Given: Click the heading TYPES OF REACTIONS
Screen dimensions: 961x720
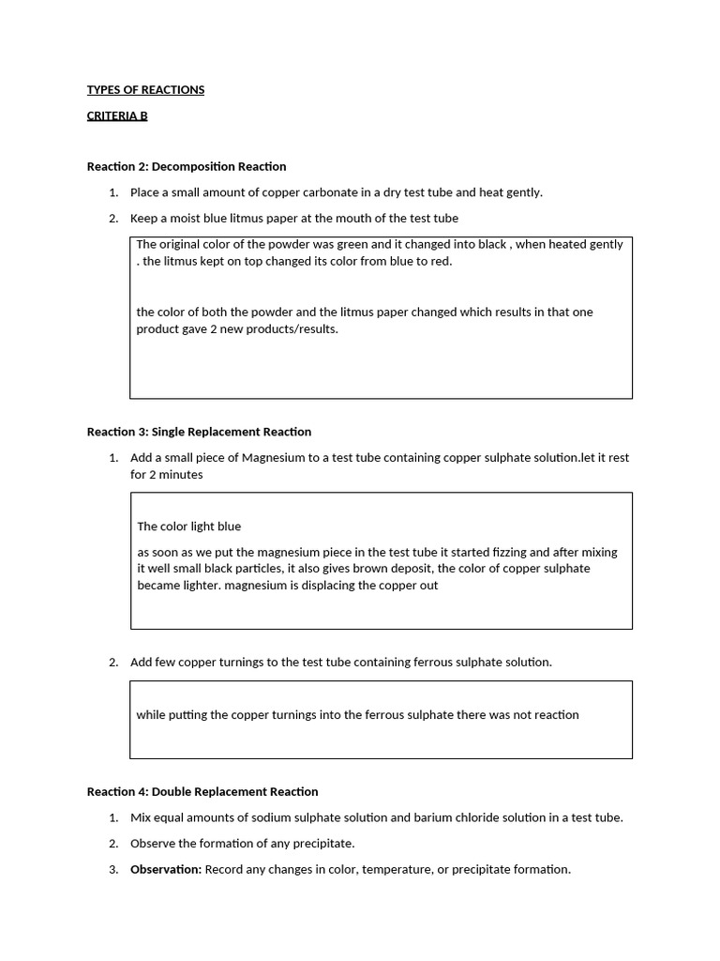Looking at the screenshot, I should [145, 90].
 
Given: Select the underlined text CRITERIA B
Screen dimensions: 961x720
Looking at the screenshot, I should [117, 116].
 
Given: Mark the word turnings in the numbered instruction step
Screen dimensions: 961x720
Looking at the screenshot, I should [240, 663].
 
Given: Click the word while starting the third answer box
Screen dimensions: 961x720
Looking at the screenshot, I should [151, 715].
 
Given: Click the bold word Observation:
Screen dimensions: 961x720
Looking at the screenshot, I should [166, 870].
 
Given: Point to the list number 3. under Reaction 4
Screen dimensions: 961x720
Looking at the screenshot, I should [112, 870].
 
